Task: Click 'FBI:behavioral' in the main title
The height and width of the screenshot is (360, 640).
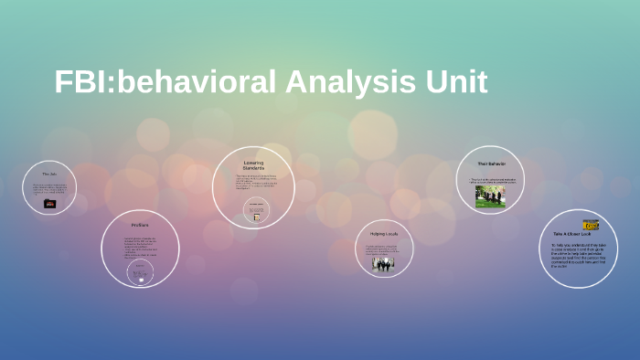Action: pos(165,81)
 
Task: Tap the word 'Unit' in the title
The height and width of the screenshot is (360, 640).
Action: pos(454,81)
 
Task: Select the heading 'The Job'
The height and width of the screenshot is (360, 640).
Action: pos(49,174)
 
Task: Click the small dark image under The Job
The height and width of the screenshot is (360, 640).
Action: pos(49,203)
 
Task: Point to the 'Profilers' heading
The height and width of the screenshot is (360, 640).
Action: pos(139,225)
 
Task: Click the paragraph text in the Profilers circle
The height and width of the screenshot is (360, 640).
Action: pos(139,247)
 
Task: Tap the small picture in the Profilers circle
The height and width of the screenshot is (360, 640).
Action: pos(139,270)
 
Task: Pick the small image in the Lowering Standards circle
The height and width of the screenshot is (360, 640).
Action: pos(254,211)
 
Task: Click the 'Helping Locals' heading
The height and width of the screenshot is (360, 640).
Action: pos(382,235)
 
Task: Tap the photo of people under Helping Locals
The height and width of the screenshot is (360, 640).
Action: pos(382,264)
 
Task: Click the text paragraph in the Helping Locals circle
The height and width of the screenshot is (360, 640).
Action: pos(382,248)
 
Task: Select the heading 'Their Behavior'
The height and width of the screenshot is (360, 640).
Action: pos(490,164)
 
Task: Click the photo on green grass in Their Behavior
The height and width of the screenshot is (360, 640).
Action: pos(490,196)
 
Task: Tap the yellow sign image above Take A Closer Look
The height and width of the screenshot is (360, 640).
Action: pos(591,224)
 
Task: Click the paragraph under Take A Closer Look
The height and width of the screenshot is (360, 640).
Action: pos(578,256)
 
